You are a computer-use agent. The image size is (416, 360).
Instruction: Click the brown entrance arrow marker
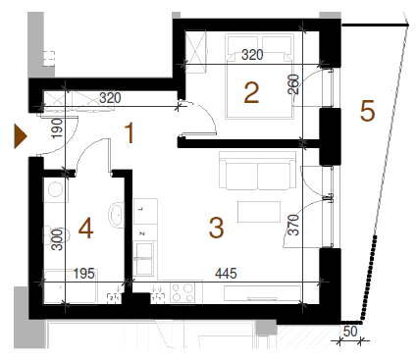(20, 135)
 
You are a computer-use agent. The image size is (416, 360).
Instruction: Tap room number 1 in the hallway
(130, 133)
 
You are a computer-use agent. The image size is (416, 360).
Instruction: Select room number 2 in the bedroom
(251, 93)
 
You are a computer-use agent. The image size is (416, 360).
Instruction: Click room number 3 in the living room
(216, 228)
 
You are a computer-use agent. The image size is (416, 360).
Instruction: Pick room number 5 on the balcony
(367, 111)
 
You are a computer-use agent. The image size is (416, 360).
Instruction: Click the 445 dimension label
(226, 273)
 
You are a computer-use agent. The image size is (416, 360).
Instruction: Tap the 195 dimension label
(84, 274)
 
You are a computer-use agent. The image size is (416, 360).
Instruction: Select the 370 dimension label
(294, 225)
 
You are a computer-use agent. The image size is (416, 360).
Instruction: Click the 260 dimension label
(293, 84)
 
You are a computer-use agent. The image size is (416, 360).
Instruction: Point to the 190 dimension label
(57, 129)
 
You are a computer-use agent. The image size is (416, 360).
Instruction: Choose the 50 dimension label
(350, 332)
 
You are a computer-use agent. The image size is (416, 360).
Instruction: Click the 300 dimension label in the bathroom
(57, 239)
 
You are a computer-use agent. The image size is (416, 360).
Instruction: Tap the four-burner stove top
(182, 292)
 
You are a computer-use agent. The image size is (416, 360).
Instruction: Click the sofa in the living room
(258, 171)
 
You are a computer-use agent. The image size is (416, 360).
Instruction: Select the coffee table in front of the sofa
(259, 212)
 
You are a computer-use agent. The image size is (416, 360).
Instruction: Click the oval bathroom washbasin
(116, 215)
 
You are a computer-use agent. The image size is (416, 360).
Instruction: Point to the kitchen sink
(144, 258)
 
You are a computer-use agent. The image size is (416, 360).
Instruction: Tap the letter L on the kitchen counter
(141, 208)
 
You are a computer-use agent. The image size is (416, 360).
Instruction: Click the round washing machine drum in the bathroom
(54, 189)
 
